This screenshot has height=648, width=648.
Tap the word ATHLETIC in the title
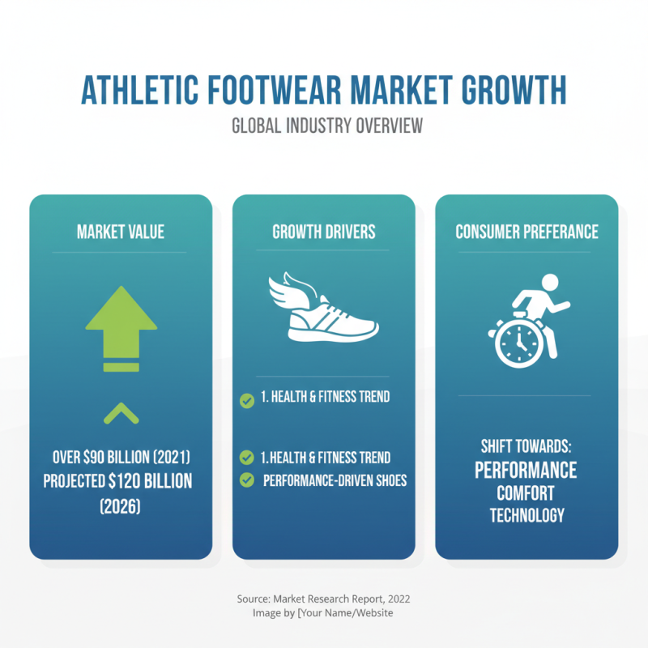pyautogui.click(x=134, y=92)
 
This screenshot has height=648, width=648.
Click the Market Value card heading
pyautogui.click(x=121, y=232)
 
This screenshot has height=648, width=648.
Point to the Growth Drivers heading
pyautogui.click(x=324, y=232)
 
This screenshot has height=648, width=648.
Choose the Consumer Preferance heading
pyautogui.click(x=526, y=232)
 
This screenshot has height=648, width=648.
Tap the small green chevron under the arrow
pyautogui.click(x=121, y=413)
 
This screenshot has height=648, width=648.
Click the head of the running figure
pyautogui.click(x=550, y=284)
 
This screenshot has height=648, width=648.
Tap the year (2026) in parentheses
pyautogui.click(x=121, y=507)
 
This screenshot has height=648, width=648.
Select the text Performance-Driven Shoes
pyautogui.click(x=335, y=480)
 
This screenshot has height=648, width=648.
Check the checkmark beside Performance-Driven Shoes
pyautogui.click(x=246, y=480)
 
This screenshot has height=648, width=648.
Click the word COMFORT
pyautogui.click(x=526, y=493)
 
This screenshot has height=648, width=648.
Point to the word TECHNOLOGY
pyautogui.click(x=526, y=515)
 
